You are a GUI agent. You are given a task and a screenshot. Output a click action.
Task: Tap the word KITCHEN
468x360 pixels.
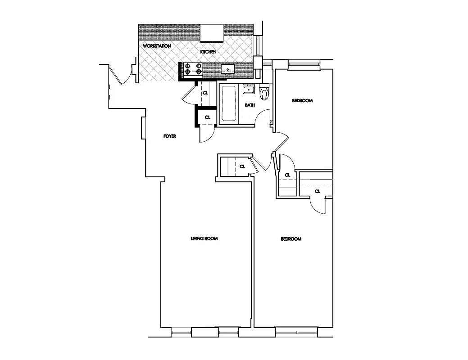coord(208,52)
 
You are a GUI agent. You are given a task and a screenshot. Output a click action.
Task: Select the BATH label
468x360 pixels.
coord(250,105)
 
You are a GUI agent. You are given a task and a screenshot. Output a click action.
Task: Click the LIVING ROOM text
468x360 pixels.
coord(204,238)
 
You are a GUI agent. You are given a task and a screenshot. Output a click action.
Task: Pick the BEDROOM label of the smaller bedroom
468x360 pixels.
coord(302,100)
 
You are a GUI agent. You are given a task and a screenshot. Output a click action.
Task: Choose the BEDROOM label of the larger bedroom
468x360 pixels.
coord(291,239)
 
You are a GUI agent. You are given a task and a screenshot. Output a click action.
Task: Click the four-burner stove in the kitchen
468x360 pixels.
coord(193,69)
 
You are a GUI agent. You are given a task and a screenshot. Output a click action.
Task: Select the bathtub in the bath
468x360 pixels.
coord(229,104)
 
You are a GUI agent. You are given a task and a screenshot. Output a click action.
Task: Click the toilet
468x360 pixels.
coord(264,92)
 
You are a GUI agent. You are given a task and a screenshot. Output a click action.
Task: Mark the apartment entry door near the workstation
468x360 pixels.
coord(121,75)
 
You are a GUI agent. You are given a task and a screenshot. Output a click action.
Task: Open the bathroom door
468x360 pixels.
coord(262,119)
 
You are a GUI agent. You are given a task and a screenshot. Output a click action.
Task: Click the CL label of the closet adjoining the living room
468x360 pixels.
coord(242,166)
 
